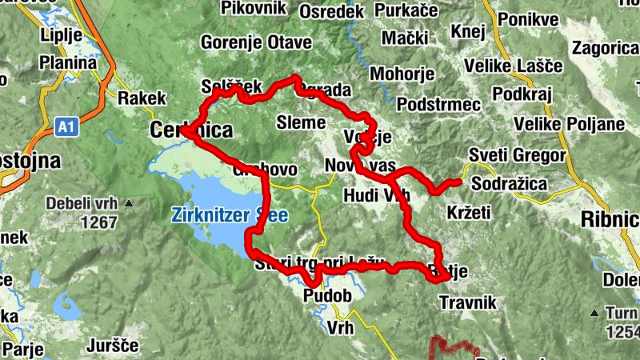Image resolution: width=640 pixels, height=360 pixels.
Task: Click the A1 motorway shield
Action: (66, 126)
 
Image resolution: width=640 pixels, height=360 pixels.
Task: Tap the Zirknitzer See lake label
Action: (230, 215)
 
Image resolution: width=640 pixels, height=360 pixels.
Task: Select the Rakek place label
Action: (142, 98)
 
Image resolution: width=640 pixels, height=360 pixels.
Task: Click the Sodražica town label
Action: (510, 184)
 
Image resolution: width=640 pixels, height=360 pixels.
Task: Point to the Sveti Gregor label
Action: (517, 155)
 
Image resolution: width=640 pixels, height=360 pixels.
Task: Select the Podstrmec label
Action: (438, 105)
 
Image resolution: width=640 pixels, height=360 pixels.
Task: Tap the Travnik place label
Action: (468, 302)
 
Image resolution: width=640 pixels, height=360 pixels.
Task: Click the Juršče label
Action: (112, 346)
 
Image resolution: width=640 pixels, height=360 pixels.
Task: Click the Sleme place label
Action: (300, 122)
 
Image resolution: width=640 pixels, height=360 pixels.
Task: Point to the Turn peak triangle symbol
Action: (594, 312)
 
